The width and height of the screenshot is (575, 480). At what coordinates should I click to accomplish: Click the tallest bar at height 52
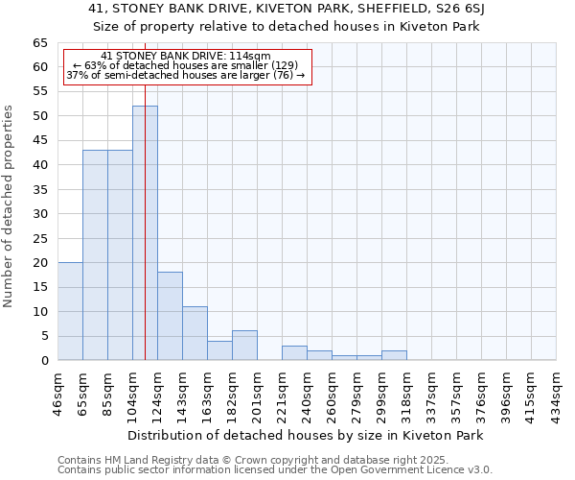(145, 233)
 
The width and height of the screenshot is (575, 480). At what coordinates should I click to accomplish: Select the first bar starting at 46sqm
(70, 311)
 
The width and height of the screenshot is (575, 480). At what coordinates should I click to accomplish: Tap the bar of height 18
(170, 316)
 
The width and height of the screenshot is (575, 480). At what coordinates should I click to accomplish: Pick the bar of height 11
(195, 333)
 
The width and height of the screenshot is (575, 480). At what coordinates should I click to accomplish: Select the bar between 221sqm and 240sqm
(294, 353)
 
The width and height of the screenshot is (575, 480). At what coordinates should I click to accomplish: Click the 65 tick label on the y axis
(39, 43)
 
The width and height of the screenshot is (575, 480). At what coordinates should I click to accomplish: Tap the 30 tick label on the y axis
(39, 214)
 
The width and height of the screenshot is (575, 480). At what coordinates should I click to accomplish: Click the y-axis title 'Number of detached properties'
(9, 206)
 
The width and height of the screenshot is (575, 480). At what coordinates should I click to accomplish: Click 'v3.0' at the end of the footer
(479, 470)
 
